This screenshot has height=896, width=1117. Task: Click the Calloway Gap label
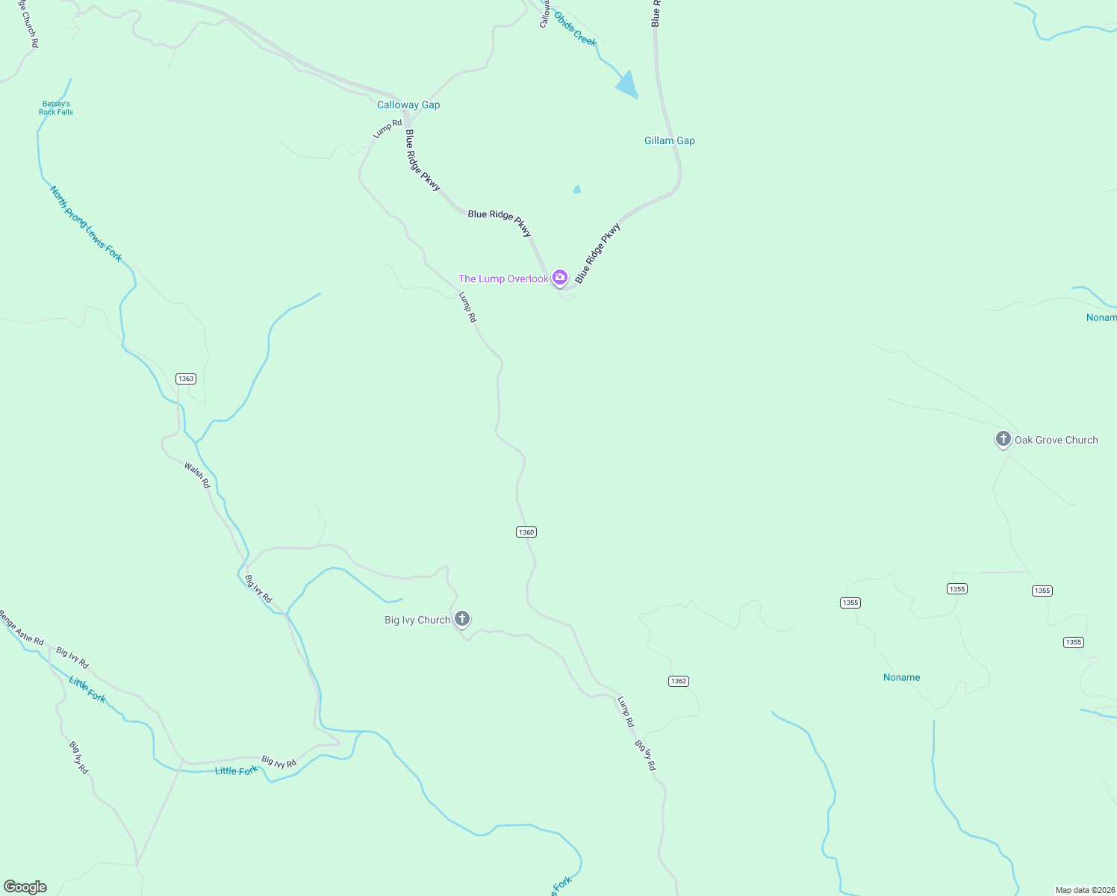(408, 105)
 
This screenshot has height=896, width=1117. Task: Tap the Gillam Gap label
(669, 140)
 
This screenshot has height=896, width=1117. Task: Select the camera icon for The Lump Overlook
(560, 278)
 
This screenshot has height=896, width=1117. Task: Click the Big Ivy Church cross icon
(462, 618)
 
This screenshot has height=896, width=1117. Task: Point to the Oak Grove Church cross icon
(1003, 439)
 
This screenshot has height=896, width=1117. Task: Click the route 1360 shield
(526, 532)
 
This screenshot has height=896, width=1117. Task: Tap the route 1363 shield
(186, 379)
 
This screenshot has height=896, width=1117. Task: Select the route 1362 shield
(678, 681)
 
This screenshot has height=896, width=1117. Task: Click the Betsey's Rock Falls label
(56, 108)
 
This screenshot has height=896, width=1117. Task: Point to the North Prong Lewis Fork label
(85, 224)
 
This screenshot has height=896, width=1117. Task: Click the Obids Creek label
(575, 29)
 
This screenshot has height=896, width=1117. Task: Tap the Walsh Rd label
(197, 476)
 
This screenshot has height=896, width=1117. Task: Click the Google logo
(25, 887)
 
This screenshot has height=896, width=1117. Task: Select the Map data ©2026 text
(1084, 890)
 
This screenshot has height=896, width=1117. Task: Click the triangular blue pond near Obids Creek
(627, 84)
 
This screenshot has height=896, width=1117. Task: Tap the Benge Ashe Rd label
(22, 629)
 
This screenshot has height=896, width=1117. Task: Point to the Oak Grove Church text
(1056, 440)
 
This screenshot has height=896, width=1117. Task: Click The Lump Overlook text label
(503, 279)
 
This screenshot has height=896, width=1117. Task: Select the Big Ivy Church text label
(417, 620)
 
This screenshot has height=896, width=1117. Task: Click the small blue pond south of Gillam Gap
(576, 190)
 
